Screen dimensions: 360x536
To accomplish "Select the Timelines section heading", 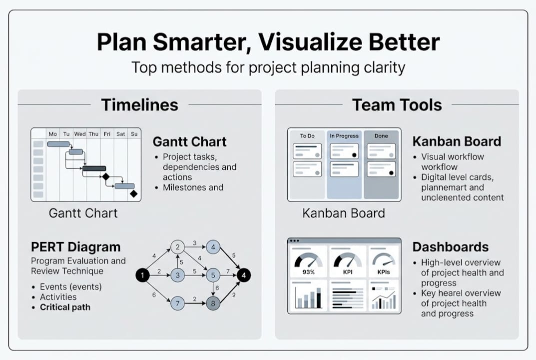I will (139, 105).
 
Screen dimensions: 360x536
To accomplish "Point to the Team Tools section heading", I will (397, 105).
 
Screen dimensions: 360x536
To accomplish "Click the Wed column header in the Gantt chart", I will (80, 134).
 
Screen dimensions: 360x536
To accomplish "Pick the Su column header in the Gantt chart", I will (134, 134).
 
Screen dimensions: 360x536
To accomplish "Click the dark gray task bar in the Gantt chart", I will (94, 168).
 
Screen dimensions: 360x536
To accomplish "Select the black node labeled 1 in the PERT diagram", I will (142, 275).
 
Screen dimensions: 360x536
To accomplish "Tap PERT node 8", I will (213, 303).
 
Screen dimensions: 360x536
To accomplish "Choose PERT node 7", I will (177, 303).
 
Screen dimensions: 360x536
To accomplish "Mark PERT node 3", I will (177, 275).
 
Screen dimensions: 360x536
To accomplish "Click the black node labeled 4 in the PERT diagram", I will (243, 275).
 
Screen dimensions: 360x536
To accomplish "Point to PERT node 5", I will (213, 275).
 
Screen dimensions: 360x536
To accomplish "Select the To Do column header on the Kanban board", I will (307, 135).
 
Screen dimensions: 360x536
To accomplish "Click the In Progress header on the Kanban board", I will (344, 135).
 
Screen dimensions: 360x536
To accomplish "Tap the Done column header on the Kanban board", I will (381, 135).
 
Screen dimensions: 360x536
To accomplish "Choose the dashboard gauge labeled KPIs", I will (384, 264).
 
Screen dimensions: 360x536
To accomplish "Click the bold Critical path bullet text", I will (65, 307).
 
